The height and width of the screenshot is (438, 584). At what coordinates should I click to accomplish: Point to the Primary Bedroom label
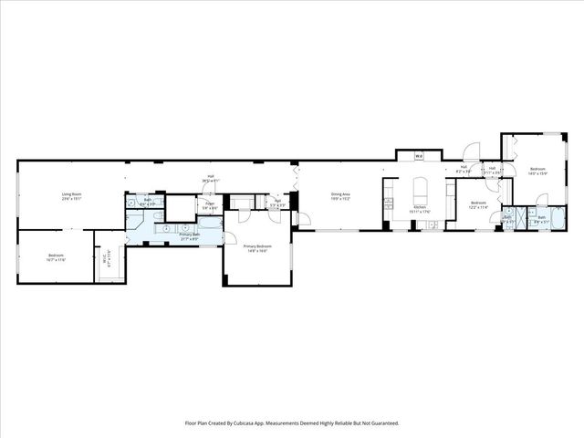point(255,248)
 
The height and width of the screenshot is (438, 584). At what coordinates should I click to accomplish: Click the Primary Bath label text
point(189,235)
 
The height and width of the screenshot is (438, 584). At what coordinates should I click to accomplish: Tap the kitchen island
point(421,193)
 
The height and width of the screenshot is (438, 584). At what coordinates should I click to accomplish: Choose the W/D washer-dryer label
point(418,157)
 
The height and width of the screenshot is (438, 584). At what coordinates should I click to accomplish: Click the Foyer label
point(210,206)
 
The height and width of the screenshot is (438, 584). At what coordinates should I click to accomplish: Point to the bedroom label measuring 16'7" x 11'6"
point(55,258)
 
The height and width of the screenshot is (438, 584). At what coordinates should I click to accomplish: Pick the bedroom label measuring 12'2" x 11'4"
point(478,205)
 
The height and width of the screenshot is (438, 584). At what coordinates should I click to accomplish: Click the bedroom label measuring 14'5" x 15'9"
point(537,172)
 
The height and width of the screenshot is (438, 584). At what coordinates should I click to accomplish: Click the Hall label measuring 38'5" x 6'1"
point(210,179)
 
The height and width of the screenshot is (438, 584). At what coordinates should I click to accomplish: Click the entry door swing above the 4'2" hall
point(471,153)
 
